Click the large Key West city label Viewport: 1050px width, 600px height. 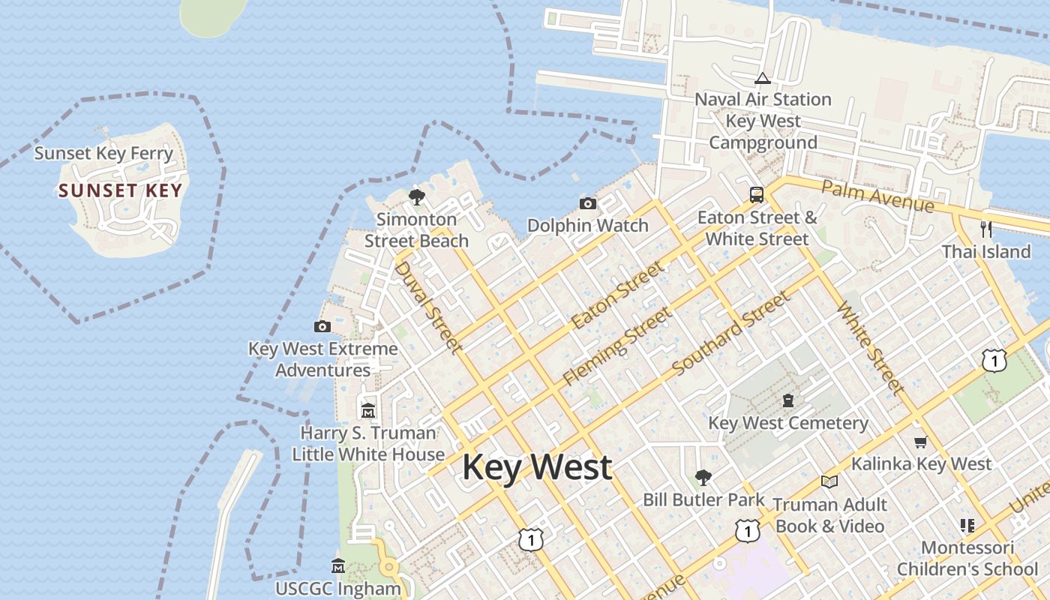tap(537, 467)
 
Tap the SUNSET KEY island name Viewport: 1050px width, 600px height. tap(121, 190)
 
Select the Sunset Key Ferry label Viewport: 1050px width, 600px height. tap(103, 154)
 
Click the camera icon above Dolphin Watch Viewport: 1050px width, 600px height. tap(588, 203)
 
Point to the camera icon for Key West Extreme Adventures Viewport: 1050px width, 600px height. tap(322, 326)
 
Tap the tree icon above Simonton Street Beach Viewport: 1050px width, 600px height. tap(416, 197)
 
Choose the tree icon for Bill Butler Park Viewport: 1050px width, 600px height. tap(703, 477)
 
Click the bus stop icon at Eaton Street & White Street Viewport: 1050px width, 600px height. tap(757, 195)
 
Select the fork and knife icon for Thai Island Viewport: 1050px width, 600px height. tap(986, 229)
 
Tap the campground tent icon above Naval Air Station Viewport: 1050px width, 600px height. tap(763, 78)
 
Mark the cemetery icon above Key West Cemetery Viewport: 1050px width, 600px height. tap(788, 400)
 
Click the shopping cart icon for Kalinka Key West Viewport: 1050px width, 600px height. tap(921, 442)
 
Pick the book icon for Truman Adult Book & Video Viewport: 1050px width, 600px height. tap(829, 481)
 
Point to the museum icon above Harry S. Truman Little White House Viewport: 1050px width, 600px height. tap(368, 410)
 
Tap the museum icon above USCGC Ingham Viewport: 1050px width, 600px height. tap(338, 565)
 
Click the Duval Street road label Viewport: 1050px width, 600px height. tap(427, 306)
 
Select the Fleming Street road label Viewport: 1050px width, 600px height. tap(617, 346)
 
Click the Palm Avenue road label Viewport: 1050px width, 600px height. tap(877, 195)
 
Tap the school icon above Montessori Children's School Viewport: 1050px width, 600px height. tap(967, 526)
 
